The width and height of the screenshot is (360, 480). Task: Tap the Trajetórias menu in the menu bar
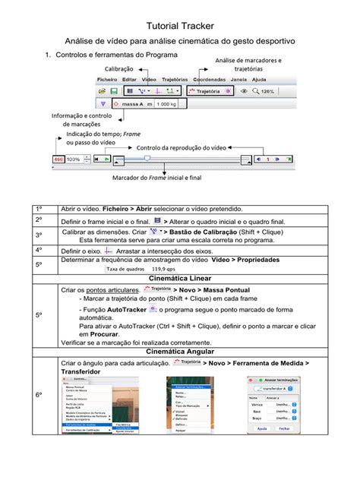tap(175, 79)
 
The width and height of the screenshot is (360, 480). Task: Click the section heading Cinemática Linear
tap(179, 278)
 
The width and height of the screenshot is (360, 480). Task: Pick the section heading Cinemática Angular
tap(179, 352)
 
